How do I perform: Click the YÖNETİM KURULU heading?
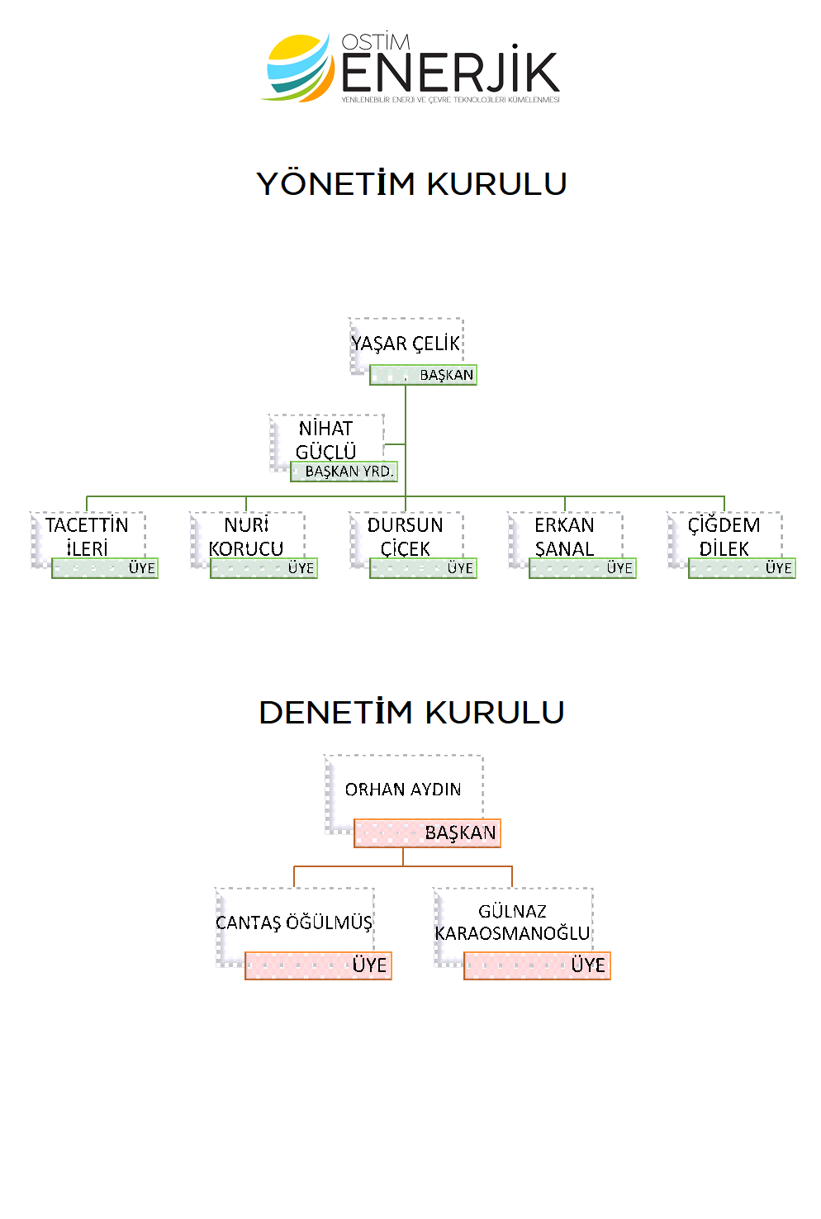[x=411, y=184]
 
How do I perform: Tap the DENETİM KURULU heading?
[x=411, y=712]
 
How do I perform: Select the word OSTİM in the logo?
[x=376, y=42]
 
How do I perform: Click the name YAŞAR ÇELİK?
[x=406, y=344]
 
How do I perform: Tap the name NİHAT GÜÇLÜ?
[x=326, y=440]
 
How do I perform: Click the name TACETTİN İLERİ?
[x=87, y=537]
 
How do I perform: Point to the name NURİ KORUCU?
[x=246, y=537]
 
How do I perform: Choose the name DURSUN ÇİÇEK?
[x=406, y=537]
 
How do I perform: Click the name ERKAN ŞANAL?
[x=565, y=537]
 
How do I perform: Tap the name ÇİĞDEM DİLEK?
[x=724, y=537]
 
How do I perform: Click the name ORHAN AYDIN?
[x=403, y=790]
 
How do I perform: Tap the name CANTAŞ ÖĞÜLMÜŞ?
[x=294, y=923]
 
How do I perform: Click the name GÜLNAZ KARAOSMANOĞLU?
[x=512, y=923]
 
